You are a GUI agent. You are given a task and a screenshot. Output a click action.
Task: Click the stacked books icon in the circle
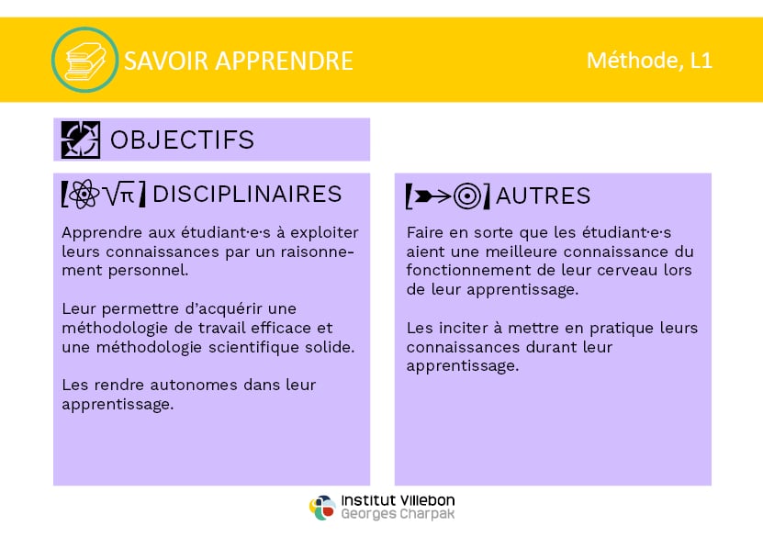(85, 61)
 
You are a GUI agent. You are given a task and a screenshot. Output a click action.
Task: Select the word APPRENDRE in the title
(285, 61)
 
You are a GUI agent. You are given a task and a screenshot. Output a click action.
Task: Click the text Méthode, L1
(649, 61)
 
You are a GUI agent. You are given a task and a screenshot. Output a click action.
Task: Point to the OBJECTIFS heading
(182, 140)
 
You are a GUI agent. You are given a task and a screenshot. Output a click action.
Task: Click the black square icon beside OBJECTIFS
(81, 140)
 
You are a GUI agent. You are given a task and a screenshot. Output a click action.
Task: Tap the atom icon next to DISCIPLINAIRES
(84, 194)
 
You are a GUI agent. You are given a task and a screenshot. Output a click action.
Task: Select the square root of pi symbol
(119, 194)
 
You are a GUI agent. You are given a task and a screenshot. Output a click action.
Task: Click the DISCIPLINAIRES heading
(247, 194)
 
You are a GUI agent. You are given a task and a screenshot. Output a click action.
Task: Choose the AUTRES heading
(543, 196)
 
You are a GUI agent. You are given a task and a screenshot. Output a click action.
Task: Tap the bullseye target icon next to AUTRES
(467, 196)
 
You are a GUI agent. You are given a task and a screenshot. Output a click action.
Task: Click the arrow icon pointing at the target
(432, 196)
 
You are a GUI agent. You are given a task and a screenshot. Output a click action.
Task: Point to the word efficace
(281, 328)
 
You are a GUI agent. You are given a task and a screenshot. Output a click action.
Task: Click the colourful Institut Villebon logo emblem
(322, 508)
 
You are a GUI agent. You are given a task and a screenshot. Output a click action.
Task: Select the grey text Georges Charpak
(398, 514)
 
